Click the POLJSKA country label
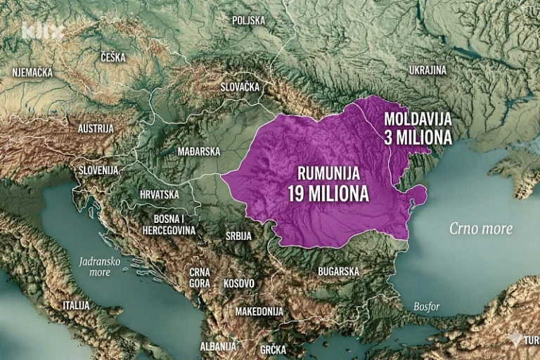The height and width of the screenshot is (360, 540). (x=249, y=20)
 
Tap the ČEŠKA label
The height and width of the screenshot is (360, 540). (x=112, y=58)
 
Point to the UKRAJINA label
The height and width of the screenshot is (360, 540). (x=427, y=70)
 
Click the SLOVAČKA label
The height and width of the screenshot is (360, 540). (x=240, y=87)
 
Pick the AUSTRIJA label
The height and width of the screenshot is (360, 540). (x=96, y=129)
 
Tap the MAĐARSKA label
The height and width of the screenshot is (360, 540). (x=200, y=151)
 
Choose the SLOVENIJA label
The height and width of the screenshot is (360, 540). (x=98, y=171)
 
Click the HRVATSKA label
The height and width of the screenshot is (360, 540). (x=158, y=194)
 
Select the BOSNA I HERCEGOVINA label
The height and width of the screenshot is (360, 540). (x=169, y=224)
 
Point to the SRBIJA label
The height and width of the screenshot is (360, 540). (x=238, y=236)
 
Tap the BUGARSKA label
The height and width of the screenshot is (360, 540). (x=338, y=271)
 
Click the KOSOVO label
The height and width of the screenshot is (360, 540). (x=238, y=283)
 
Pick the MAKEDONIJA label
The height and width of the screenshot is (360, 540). (x=259, y=311)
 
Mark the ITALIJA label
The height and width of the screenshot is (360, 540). (x=76, y=305)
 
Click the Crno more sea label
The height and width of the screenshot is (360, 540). (x=482, y=229)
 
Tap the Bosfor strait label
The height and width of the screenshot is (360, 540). (x=427, y=307)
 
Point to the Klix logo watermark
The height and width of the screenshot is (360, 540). (x=42, y=32)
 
